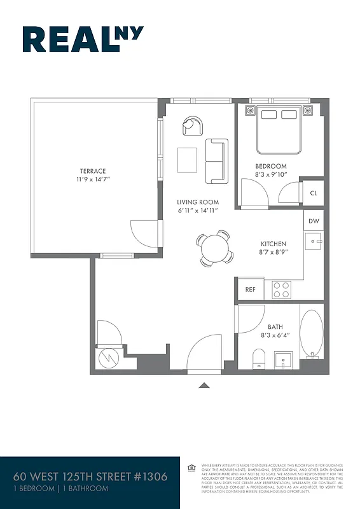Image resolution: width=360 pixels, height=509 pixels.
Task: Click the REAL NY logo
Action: click(x=83, y=39)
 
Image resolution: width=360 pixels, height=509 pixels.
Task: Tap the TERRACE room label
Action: click(x=93, y=171)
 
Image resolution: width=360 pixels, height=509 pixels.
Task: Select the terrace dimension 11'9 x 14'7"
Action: click(x=93, y=180)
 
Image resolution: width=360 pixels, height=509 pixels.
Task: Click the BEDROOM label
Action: click(x=271, y=166)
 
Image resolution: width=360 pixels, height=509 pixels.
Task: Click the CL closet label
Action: click(x=314, y=193)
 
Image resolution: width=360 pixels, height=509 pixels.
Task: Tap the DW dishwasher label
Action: click(x=314, y=221)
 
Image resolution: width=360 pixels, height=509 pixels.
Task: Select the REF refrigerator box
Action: click(x=250, y=289)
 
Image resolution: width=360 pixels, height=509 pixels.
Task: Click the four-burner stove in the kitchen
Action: click(x=282, y=289)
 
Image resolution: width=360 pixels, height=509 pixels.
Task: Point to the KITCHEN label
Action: click(x=273, y=244)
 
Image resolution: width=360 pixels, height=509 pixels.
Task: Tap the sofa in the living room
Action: click(x=216, y=160)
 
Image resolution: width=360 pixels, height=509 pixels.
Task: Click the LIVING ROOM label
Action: click(x=198, y=202)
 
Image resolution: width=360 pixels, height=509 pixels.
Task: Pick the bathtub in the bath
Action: click(x=312, y=334)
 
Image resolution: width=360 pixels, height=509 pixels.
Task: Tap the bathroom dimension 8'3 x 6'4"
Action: click(x=275, y=335)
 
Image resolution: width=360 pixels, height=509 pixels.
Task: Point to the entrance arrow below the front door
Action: click(x=204, y=384)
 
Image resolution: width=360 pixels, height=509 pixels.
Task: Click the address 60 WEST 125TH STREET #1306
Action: click(x=91, y=477)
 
